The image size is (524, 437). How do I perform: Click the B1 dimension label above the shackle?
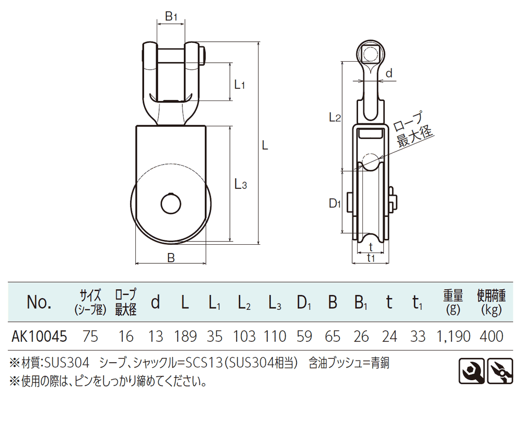click(171, 17)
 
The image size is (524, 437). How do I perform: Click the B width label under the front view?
click(171, 258)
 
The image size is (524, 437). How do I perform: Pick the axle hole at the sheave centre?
click(171, 204)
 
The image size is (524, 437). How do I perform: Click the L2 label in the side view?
click(335, 117)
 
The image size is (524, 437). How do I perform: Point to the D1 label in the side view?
click(335, 203)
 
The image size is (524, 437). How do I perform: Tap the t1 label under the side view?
click(371, 258)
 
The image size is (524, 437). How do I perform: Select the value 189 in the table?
click(185, 336)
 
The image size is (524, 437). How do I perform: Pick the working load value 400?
click(491, 336)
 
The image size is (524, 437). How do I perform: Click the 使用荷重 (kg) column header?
click(491, 302)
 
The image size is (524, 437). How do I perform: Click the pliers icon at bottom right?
click(500, 371)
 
